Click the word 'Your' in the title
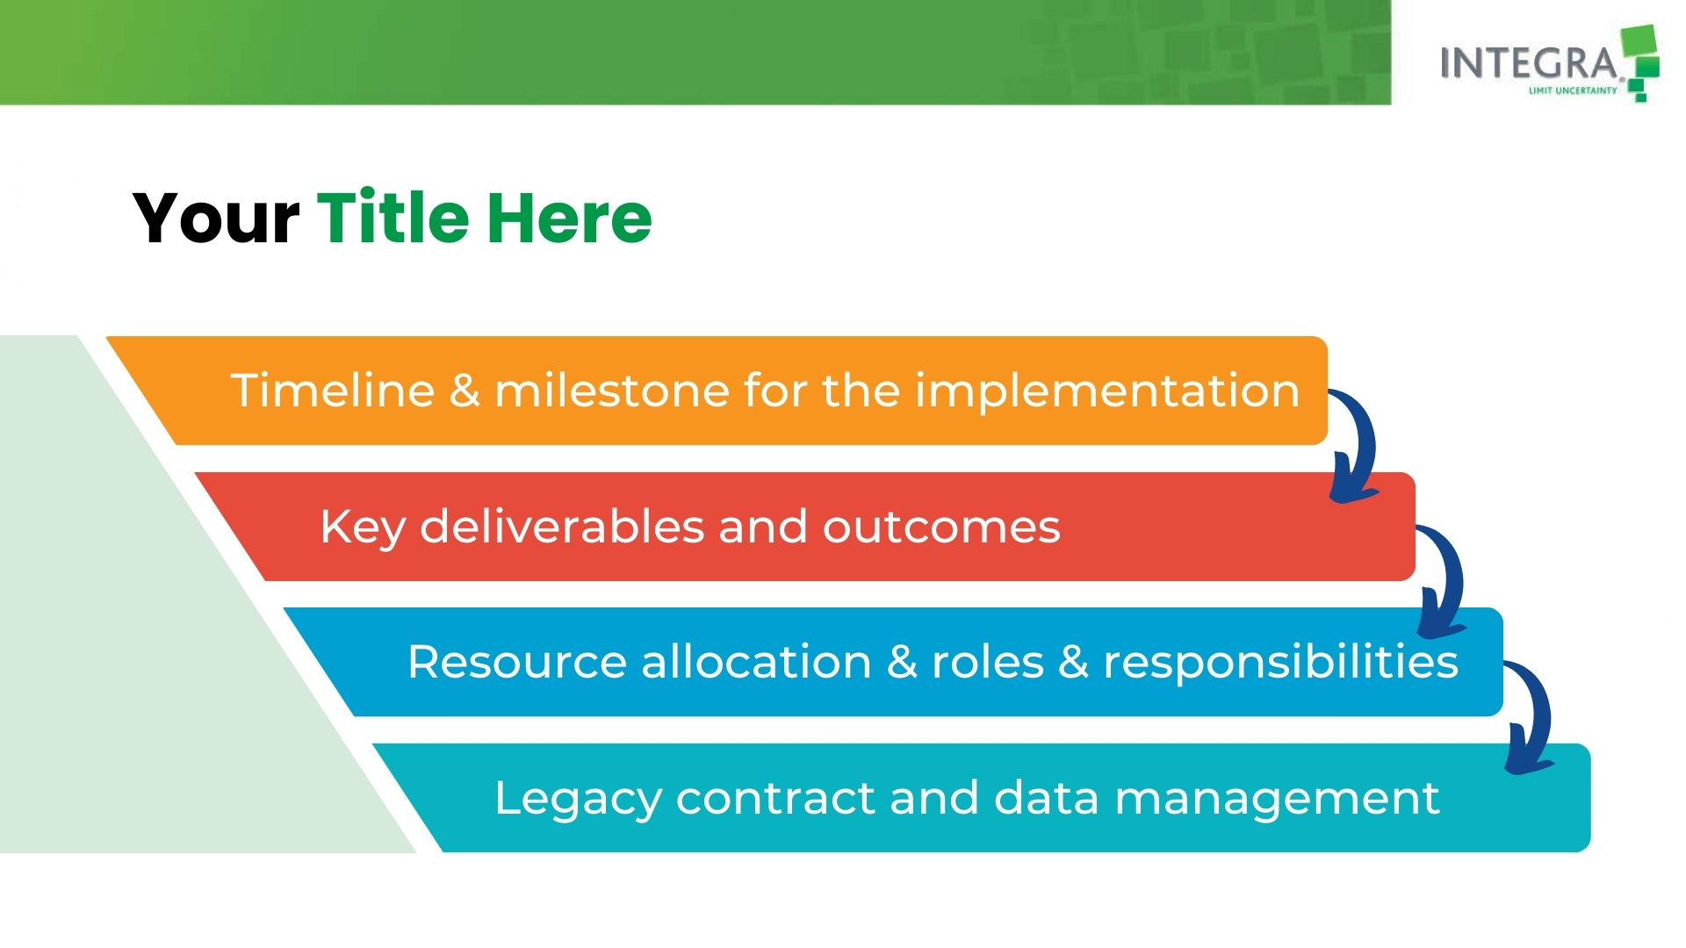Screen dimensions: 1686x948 click(x=216, y=218)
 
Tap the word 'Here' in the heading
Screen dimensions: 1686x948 click(x=570, y=218)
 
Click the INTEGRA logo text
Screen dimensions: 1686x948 click(x=1529, y=63)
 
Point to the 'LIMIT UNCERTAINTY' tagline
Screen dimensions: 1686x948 click(x=1573, y=90)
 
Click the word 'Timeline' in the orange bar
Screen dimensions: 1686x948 click(x=333, y=390)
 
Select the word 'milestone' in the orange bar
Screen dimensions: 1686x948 click(x=611, y=390)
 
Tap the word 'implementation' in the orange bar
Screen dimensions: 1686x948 click(x=1107, y=391)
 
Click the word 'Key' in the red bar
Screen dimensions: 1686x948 click(x=363, y=528)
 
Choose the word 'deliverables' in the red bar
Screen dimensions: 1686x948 click(x=562, y=526)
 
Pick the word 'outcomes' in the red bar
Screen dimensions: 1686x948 click(x=941, y=527)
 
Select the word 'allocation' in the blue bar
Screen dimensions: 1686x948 click(x=756, y=661)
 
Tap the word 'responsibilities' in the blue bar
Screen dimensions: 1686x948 click(x=1281, y=663)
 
